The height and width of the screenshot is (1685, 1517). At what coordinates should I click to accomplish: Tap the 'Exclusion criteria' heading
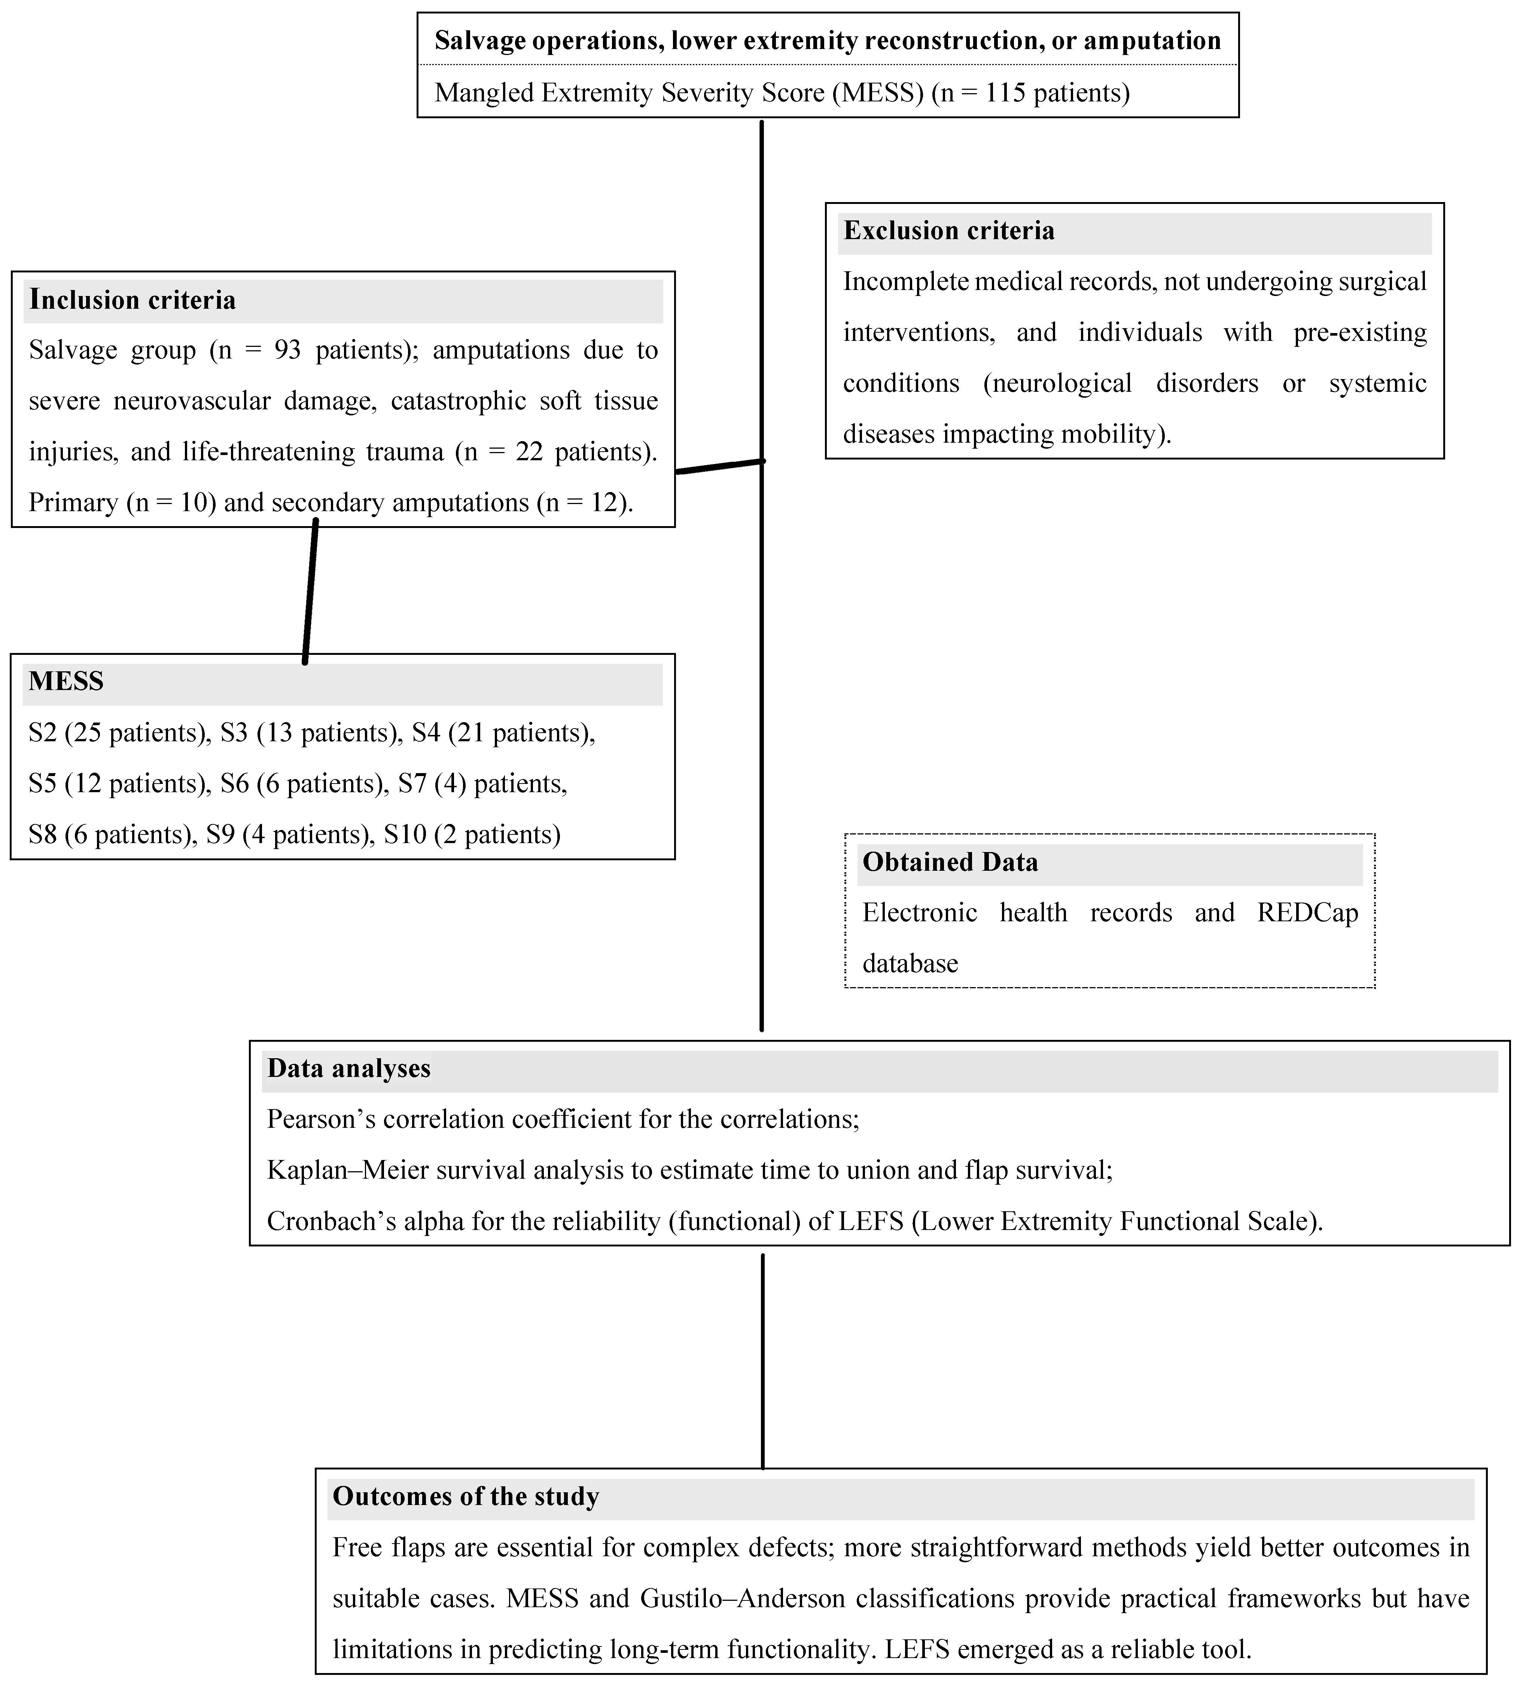pyautogui.click(x=948, y=231)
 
